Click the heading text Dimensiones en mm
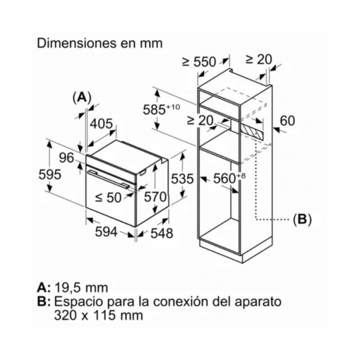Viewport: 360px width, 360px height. tap(100, 43)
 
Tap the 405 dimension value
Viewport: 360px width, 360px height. tap(101, 124)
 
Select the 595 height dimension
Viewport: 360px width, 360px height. tap(50, 174)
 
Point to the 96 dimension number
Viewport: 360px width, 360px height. tap(66, 158)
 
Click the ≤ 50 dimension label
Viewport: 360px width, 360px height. tap(108, 197)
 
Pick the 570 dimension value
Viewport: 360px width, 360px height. tap(155, 197)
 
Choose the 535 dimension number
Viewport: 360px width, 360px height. tap(183, 179)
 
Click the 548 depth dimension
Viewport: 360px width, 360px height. tap(162, 233)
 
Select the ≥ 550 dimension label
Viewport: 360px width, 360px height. tap(199, 62)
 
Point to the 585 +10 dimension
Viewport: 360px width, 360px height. tap(161, 109)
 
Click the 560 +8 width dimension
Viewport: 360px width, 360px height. tap(229, 178)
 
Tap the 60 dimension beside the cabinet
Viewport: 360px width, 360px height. tap(287, 121)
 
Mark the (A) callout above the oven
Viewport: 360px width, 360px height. tap(82, 98)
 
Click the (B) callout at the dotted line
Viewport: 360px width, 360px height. tap(302, 219)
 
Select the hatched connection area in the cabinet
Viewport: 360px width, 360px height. tap(251, 130)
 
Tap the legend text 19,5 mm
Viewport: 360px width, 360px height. tap(81, 287)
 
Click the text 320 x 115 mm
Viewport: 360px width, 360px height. tap(99, 315)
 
